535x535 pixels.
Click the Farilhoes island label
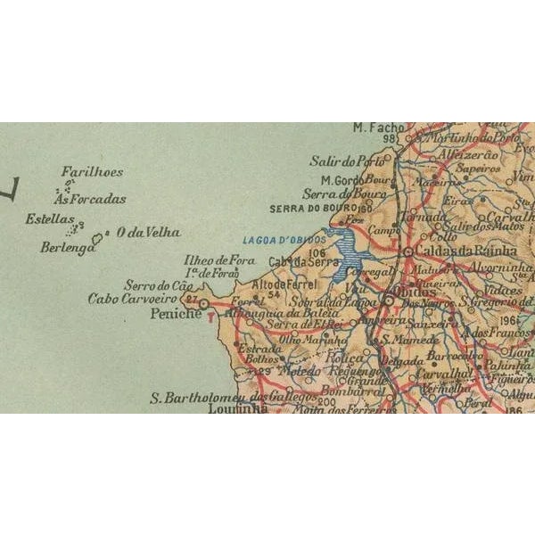pos(93,172)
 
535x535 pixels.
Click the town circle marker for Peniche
pos(203,304)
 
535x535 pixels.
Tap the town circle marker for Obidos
pos(389,300)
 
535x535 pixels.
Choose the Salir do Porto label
pos(346,161)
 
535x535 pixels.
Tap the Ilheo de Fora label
pos(219,260)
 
